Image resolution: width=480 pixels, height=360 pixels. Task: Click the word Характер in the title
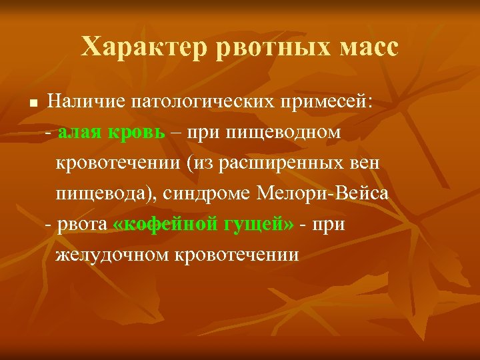pyautogui.click(x=131, y=47)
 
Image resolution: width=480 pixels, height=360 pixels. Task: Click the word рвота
pyautogui.click(x=82, y=224)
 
